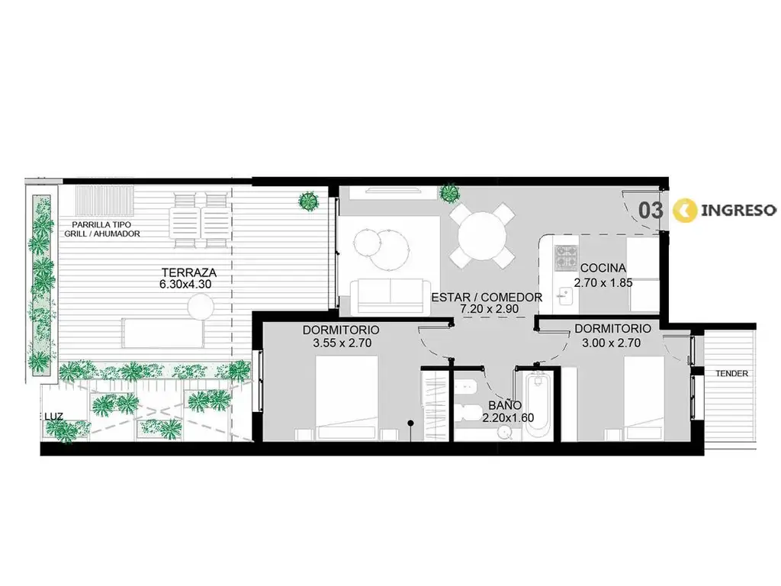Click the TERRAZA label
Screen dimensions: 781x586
point(189,272)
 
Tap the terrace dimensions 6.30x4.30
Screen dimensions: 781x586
point(185,285)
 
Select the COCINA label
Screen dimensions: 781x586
point(603,268)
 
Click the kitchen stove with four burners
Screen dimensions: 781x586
point(567,257)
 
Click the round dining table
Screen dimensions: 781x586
point(482,235)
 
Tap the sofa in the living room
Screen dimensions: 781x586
point(390,297)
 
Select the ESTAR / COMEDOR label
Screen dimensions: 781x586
point(487,298)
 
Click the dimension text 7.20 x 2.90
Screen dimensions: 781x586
point(489,309)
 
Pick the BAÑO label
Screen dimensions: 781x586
point(505,406)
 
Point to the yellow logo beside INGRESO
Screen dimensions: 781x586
point(684,211)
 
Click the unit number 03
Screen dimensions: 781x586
point(651,211)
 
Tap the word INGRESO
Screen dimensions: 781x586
point(738,211)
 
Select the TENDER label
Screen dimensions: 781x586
point(731,373)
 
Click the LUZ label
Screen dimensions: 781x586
point(53,417)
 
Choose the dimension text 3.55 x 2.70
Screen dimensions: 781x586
point(342,343)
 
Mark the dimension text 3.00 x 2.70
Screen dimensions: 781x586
point(611,343)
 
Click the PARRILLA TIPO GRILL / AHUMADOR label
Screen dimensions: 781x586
point(102,229)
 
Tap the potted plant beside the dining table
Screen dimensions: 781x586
point(449,193)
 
